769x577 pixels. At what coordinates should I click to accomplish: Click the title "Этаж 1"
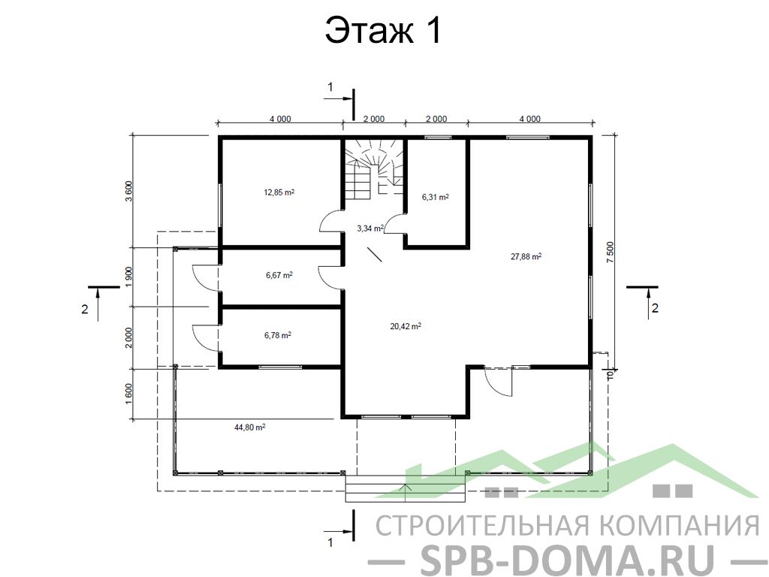pyautogui.click(x=384, y=30)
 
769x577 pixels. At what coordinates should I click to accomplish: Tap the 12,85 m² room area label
pyautogui.click(x=279, y=192)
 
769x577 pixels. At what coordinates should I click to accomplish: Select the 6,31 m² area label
pyautogui.click(x=435, y=198)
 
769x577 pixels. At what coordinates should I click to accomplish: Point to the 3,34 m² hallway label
pyautogui.click(x=370, y=228)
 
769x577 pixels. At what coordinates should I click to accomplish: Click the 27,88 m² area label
pyautogui.click(x=526, y=256)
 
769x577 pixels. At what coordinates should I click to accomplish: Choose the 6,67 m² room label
pyautogui.click(x=279, y=275)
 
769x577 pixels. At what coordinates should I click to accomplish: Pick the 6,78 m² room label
pyautogui.click(x=278, y=336)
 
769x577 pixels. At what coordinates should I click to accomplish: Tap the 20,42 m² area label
pyautogui.click(x=406, y=326)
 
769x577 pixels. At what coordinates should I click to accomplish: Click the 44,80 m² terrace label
pyautogui.click(x=249, y=427)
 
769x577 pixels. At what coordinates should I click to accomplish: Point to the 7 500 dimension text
pyautogui.click(x=610, y=252)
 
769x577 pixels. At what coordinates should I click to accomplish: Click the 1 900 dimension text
pyautogui.click(x=129, y=277)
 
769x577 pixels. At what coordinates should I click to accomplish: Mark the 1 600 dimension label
pyautogui.click(x=129, y=394)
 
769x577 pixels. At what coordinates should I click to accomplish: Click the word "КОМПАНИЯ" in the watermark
pyautogui.click(x=680, y=526)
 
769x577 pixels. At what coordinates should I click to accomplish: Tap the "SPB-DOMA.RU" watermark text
pyautogui.click(x=568, y=560)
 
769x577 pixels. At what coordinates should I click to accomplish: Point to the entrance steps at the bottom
pyautogui.click(x=405, y=488)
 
